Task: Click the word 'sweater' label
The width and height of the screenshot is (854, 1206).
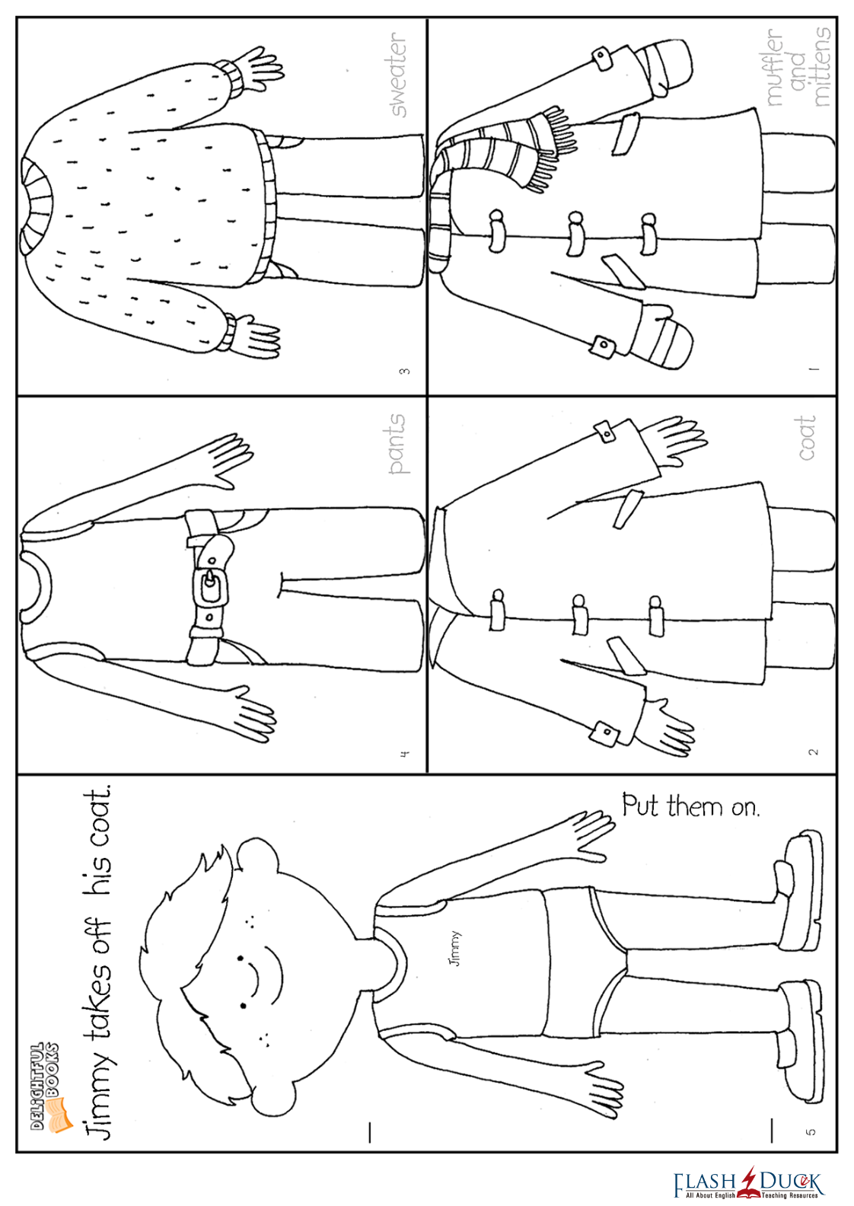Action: pyautogui.click(x=398, y=74)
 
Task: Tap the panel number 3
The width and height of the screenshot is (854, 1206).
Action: pyautogui.click(x=404, y=371)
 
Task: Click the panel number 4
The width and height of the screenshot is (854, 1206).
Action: pyautogui.click(x=404, y=753)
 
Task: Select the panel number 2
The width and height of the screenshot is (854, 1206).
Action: pyautogui.click(x=813, y=751)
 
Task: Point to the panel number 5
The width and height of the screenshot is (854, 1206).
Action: pyautogui.click(x=811, y=1131)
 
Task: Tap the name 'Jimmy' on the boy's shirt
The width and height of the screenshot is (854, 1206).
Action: pyautogui.click(x=454, y=949)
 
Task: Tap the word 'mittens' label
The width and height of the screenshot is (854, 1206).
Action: pyautogui.click(x=821, y=67)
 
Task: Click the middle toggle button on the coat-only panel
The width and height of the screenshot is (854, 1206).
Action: pyautogui.click(x=579, y=614)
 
